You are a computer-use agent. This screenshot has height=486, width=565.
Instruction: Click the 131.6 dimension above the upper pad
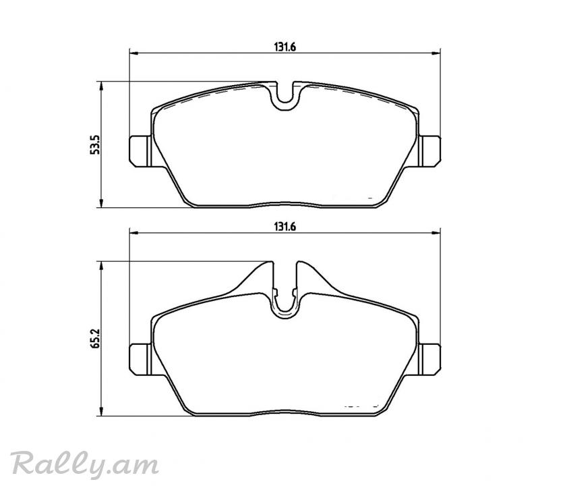pyautogui.click(x=285, y=47)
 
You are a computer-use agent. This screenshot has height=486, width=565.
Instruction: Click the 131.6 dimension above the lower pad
pyautogui.click(x=285, y=227)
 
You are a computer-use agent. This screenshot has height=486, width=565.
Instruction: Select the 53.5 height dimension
pyautogui.click(x=95, y=144)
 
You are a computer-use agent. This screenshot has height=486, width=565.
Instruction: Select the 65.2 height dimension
pyautogui.click(x=95, y=338)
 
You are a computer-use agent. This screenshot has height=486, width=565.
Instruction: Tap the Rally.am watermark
pyautogui.click(x=85, y=463)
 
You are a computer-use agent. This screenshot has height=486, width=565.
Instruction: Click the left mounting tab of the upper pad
pyautogui.click(x=140, y=151)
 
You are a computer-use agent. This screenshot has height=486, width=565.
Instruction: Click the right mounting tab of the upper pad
pyautogui.click(x=429, y=151)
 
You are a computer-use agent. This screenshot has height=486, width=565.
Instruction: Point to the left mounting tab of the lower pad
pyautogui.click(x=140, y=359)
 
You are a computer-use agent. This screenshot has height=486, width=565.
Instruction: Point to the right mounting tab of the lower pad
pyautogui.click(x=429, y=359)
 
